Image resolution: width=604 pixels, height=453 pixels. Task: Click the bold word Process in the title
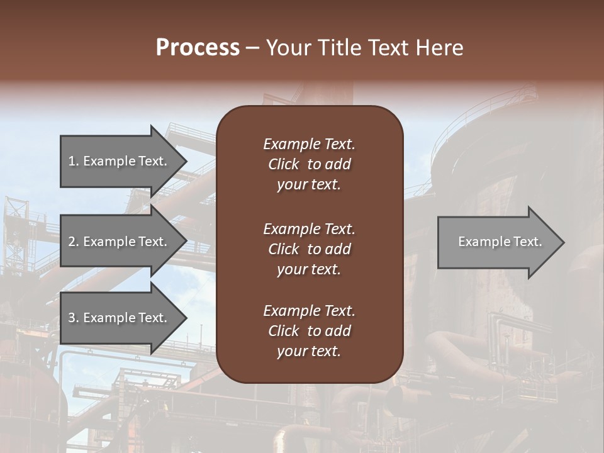[x=198, y=48]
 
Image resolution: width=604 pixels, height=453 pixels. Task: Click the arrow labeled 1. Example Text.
[x=120, y=161]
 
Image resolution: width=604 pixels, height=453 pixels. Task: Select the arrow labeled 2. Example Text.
[x=120, y=242]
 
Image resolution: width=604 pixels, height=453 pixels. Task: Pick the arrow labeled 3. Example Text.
[x=120, y=318]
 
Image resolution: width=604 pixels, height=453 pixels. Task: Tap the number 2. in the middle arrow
[x=74, y=242]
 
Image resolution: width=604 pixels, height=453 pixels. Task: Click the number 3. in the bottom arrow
[x=74, y=318]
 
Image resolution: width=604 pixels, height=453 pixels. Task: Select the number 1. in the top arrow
[x=74, y=161]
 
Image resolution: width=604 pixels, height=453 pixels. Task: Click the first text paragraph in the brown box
[x=309, y=164]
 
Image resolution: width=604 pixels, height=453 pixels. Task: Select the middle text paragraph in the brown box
[x=309, y=249]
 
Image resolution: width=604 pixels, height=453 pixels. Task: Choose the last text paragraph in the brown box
[x=309, y=331]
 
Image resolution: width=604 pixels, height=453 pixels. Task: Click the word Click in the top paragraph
[x=283, y=164]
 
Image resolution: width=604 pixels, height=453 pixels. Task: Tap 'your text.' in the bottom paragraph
[x=309, y=352]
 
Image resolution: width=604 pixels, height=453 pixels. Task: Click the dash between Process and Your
[x=253, y=48]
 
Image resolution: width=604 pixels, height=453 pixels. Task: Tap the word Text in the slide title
[x=386, y=48]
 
